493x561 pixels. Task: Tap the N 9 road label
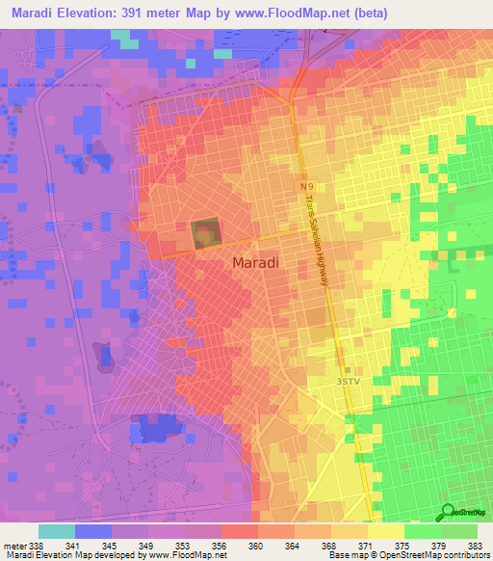(x=305, y=184)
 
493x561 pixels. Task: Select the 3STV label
(x=348, y=382)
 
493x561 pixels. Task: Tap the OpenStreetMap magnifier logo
(x=448, y=512)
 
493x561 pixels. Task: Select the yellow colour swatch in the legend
(x=385, y=531)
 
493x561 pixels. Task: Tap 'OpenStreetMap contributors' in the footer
(x=438, y=554)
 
